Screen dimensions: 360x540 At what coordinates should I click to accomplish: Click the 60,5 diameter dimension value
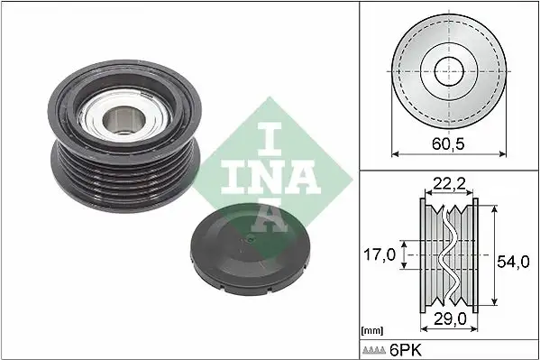[x=448, y=143]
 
